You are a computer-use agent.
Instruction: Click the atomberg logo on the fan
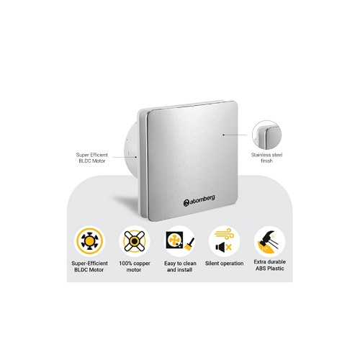click(x=199, y=201)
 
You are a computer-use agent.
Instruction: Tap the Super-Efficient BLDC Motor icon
click(x=89, y=240)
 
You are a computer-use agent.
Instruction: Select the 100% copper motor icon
click(x=135, y=240)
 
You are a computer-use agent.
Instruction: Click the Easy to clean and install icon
click(x=180, y=240)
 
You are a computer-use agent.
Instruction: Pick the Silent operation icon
click(x=225, y=240)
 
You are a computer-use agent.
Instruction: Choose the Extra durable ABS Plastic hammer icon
click(x=269, y=240)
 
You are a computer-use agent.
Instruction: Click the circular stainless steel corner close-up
click(x=266, y=135)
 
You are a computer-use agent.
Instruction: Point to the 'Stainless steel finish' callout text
click(x=266, y=158)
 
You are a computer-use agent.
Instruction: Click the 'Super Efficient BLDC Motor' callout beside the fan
click(x=92, y=158)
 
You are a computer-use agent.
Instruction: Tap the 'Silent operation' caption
click(x=225, y=264)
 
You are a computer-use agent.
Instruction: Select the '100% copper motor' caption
click(x=135, y=266)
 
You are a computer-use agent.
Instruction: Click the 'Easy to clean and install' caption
click(x=180, y=266)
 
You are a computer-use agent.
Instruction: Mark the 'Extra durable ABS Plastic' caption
click(x=269, y=265)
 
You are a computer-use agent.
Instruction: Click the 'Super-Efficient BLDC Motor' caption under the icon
click(x=89, y=266)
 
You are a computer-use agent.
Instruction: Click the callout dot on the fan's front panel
click(x=223, y=135)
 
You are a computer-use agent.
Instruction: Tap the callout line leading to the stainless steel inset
click(x=235, y=135)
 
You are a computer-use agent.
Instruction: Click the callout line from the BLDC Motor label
click(x=125, y=157)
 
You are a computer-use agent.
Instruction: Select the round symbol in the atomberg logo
click(x=186, y=203)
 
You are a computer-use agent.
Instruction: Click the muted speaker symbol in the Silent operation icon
click(x=220, y=247)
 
